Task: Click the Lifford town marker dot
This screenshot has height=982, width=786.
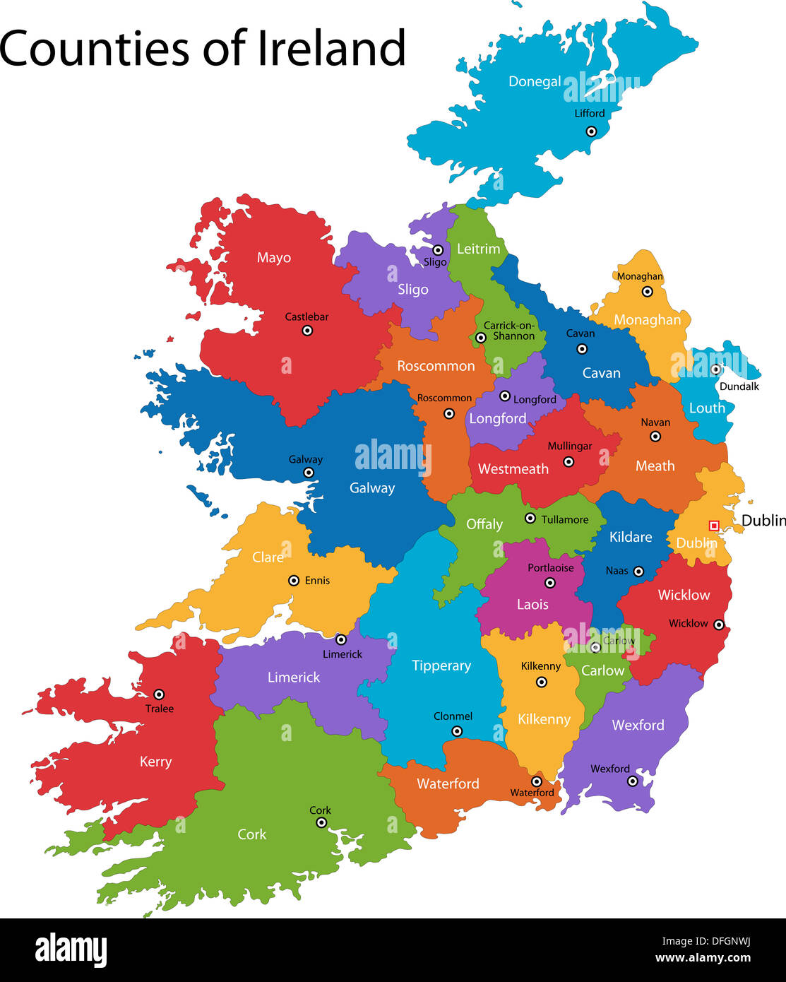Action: click(591, 131)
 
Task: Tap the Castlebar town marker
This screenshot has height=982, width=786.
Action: click(307, 331)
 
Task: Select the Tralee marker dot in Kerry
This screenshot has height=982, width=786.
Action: click(159, 694)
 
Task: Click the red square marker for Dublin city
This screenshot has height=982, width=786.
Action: click(714, 526)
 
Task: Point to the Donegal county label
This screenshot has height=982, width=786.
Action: click(535, 82)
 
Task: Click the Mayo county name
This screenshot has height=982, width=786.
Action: click(274, 258)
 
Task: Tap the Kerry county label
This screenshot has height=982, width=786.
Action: click(155, 762)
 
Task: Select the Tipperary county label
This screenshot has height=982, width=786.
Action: click(441, 665)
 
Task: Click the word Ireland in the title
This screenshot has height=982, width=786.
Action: click(331, 49)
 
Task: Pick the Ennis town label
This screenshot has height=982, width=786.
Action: click(317, 581)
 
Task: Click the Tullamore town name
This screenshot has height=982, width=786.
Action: click(564, 519)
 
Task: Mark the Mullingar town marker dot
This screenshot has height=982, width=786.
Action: click(568, 462)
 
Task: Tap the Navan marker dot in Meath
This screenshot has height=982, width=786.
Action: click(655, 437)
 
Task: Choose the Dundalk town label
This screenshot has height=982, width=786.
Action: click(739, 386)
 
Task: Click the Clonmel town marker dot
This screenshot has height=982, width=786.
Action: click(457, 731)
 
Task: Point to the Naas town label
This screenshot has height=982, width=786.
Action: click(617, 571)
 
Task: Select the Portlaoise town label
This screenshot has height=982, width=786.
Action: click(551, 568)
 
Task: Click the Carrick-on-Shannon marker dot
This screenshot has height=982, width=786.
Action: click(481, 338)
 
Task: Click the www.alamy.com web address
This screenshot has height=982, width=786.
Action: click(703, 959)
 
